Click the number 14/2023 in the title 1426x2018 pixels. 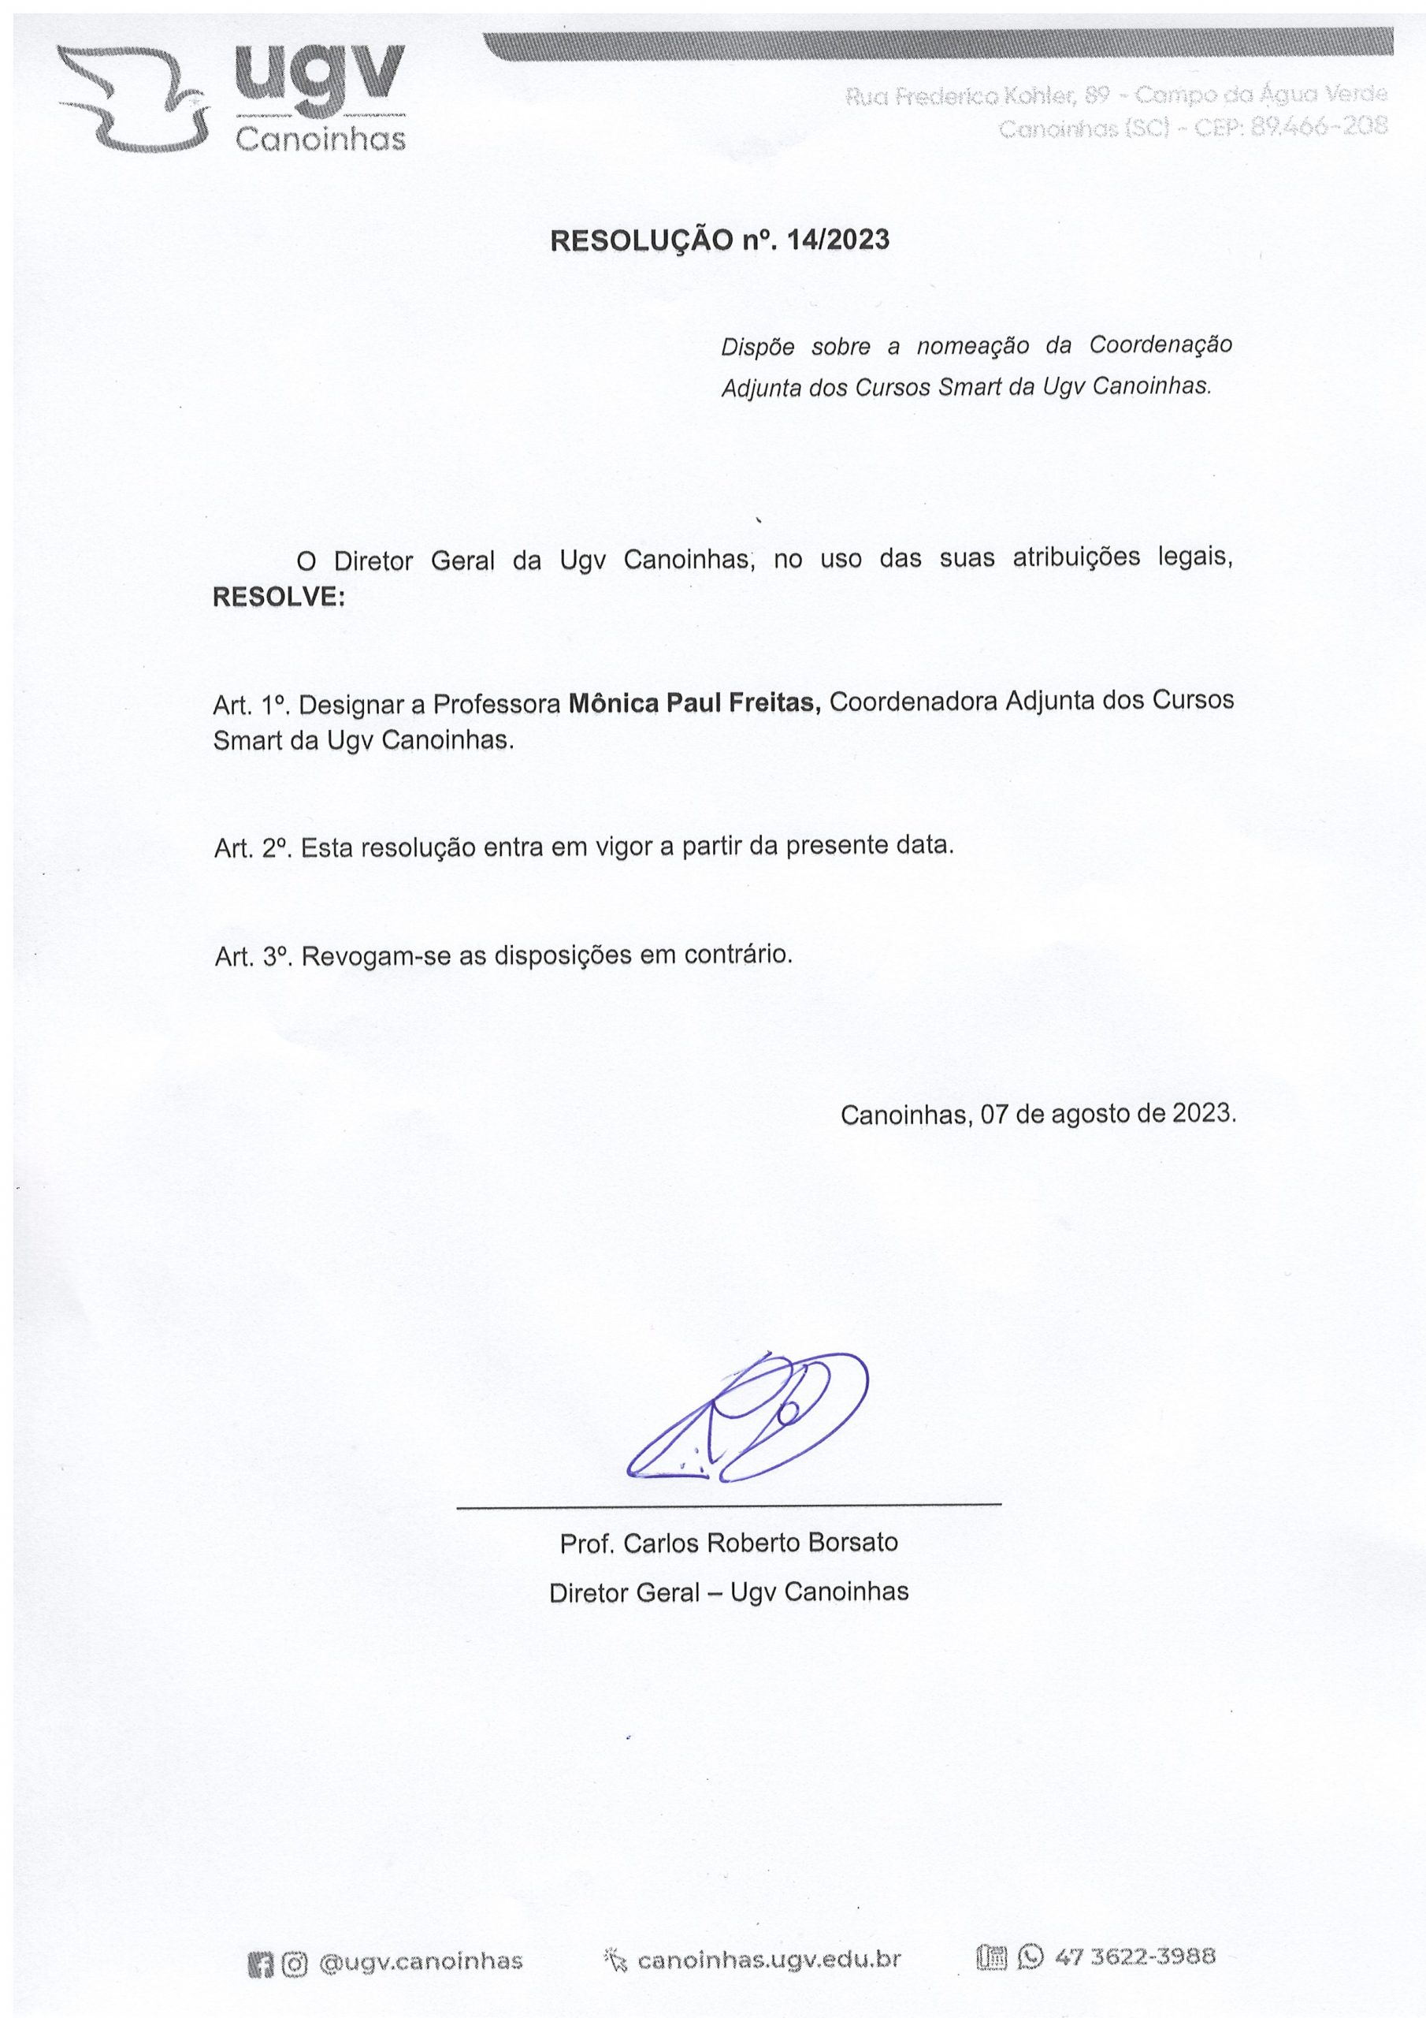coord(838,240)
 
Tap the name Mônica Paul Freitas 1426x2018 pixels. coord(694,703)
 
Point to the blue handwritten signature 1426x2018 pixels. coord(747,1420)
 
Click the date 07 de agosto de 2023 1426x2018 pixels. coord(1108,1115)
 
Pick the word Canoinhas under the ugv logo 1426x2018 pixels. coord(321,140)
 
